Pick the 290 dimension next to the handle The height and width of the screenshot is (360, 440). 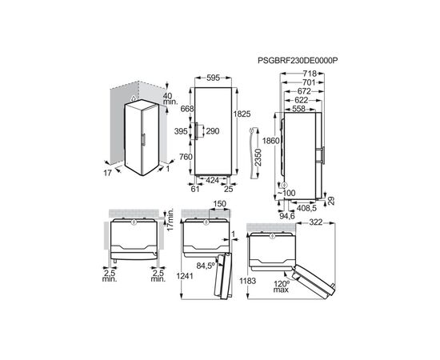click(x=213, y=130)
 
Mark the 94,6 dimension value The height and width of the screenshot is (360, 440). click(x=288, y=215)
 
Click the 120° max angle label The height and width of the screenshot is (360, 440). click(x=281, y=287)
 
